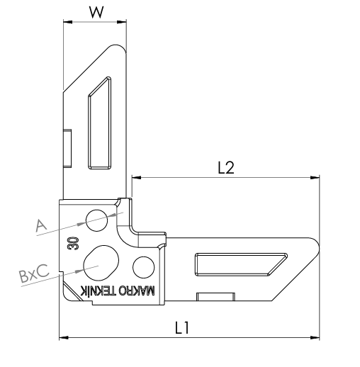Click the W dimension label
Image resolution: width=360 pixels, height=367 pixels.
point(96,12)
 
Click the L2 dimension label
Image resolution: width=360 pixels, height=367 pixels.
point(226,168)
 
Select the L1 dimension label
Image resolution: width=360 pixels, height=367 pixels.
point(182,327)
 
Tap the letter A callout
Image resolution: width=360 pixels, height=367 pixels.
point(41,225)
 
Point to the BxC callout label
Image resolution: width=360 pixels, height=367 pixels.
point(35,273)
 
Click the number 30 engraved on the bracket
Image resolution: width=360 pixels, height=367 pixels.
point(73,243)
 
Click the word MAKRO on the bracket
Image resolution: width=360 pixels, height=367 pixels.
point(137,290)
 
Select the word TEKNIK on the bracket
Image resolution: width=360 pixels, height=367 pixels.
point(98,290)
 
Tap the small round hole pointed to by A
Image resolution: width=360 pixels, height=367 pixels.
point(96,220)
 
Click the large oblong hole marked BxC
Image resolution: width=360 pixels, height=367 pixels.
point(101,262)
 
